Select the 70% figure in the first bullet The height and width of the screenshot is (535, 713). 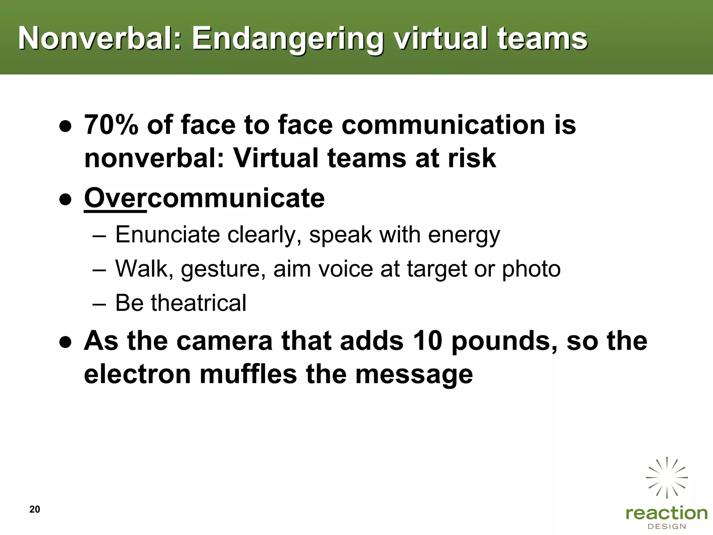[111, 124]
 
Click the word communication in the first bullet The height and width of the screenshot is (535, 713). [443, 124]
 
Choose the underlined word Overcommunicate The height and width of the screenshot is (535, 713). [204, 198]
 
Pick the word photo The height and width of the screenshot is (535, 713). [531, 269]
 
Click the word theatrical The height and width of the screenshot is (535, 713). [198, 302]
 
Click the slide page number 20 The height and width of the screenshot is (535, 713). [35, 509]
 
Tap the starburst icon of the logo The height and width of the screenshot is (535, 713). [667, 477]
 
